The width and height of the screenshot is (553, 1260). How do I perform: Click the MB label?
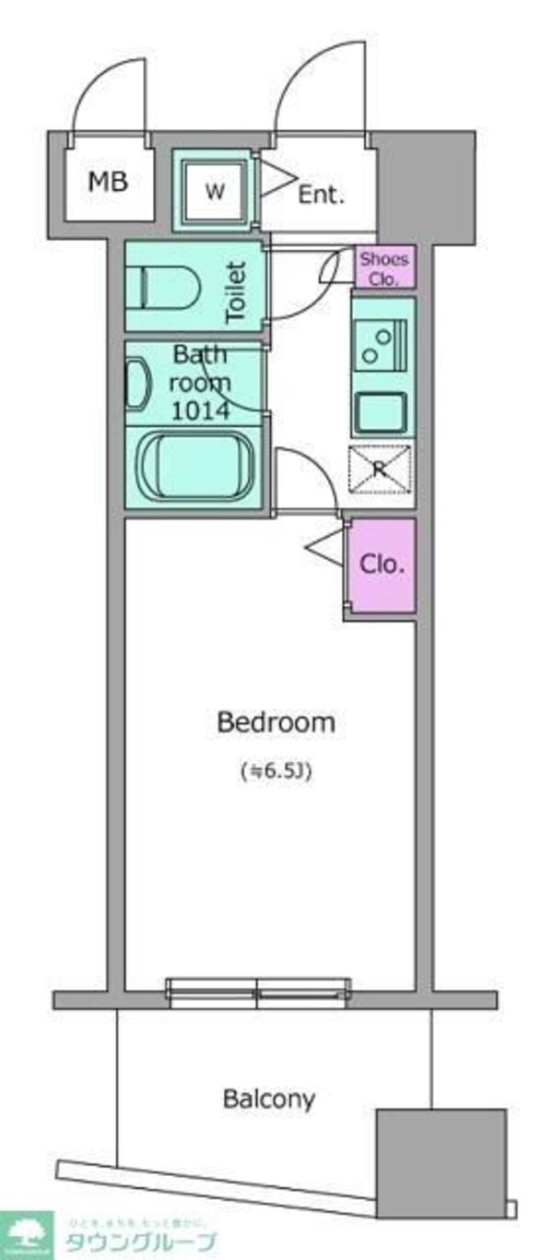108,181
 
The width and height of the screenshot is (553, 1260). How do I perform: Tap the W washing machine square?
214,192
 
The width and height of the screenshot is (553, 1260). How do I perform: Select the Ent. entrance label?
321,194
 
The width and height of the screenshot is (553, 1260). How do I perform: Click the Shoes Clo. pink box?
385,267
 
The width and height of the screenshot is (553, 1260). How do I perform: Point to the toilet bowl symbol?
167,286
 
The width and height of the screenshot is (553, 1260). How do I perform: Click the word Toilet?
237,291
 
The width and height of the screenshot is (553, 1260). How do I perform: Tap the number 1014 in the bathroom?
202,410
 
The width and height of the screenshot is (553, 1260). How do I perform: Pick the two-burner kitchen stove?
382,343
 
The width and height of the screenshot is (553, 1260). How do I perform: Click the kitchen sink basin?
382,412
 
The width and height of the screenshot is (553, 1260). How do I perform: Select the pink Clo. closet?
382,565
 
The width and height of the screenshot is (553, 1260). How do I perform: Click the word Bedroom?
276,722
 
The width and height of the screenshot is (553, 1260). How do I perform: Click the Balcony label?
269,1099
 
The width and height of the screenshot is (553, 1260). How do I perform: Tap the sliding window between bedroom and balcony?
258,991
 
